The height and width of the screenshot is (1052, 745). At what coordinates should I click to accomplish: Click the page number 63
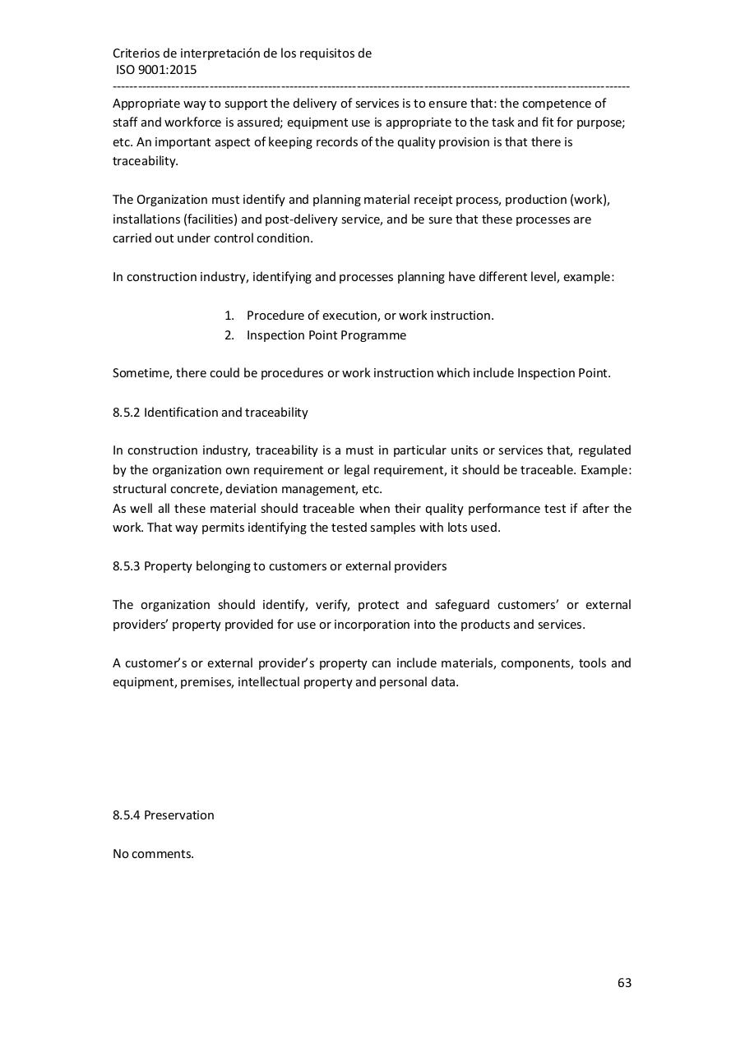click(x=624, y=983)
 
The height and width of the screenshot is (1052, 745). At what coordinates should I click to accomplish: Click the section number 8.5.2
click(x=127, y=412)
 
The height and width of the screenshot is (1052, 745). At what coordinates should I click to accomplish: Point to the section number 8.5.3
click(x=127, y=566)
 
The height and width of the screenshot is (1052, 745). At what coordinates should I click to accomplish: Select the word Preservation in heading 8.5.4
click(x=179, y=815)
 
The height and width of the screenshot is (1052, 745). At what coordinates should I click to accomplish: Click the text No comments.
click(x=153, y=853)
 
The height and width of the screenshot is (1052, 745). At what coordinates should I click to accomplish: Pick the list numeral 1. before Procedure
click(x=229, y=316)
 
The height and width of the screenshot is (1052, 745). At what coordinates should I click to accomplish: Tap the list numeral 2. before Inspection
click(x=229, y=335)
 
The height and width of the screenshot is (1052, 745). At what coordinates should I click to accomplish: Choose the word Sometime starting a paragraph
click(x=141, y=373)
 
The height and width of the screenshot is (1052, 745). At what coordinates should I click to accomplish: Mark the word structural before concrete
click(x=137, y=489)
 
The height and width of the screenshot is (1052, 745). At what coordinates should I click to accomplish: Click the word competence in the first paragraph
click(x=565, y=104)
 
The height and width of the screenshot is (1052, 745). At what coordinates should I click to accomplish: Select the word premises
click(x=206, y=682)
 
